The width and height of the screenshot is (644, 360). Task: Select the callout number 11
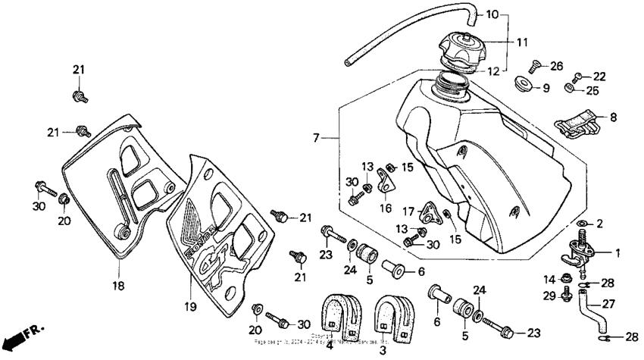point(523,42)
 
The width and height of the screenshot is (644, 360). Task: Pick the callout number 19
point(189,307)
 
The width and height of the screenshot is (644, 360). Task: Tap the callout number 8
point(613,117)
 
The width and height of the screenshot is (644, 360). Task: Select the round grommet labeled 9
point(521,84)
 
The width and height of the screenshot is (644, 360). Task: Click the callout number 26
point(557,66)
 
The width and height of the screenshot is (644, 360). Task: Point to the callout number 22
point(599,77)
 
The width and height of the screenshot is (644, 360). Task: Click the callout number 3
point(382,350)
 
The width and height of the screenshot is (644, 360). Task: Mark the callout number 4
point(330,345)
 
